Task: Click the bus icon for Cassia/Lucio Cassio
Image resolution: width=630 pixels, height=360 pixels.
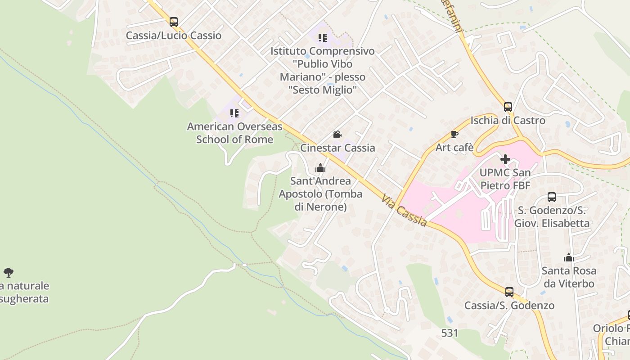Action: [174, 22]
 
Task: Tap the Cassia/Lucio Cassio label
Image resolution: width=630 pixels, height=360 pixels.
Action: [174, 36]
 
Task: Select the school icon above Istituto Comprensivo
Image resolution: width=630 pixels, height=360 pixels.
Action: [322, 38]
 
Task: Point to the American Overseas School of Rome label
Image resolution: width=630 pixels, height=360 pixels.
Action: [234, 133]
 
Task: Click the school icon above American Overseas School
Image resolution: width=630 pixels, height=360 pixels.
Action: [234, 113]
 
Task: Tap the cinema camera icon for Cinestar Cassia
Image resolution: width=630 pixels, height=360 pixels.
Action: [337, 134]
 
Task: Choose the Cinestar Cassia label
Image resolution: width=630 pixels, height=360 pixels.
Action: [337, 148]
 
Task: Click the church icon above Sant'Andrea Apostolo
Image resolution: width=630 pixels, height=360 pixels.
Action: [320, 168]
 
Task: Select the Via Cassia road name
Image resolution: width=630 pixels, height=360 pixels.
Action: [404, 210]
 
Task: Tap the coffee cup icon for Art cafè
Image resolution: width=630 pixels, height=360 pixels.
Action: [454, 134]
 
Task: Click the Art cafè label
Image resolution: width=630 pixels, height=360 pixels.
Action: [454, 147]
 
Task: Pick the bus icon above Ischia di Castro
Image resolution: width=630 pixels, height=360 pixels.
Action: [508, 107]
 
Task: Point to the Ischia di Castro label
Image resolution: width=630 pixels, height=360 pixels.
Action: [508, 121]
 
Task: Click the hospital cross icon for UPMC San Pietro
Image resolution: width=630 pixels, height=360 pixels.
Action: [505, 159]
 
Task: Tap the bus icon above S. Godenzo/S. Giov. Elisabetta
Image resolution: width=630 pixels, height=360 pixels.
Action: [552, 197]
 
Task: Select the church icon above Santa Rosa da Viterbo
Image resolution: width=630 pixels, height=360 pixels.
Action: [569, 257]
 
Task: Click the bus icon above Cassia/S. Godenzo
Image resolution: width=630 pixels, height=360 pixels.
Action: [509, 292]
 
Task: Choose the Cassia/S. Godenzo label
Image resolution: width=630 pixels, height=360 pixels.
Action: [509, 306]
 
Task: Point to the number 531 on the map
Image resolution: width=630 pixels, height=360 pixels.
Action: [450, 333]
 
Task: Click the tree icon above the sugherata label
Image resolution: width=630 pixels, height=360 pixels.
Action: [9, 272]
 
